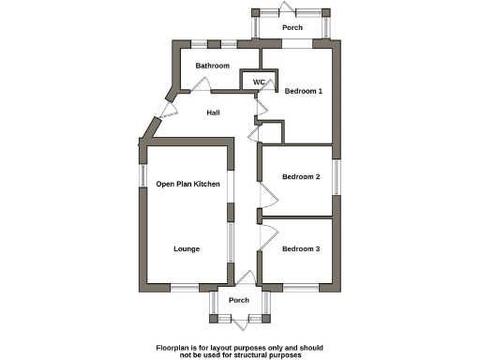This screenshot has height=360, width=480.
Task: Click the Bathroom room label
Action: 212,66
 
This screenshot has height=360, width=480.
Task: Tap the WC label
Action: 259,82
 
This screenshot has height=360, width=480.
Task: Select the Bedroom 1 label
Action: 303,91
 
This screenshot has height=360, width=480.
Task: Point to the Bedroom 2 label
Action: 302,177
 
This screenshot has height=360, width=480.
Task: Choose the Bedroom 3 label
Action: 302,248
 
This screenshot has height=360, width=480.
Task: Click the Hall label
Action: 213,112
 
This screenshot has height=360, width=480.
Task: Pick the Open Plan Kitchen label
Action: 187,184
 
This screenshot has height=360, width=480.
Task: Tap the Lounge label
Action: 187,249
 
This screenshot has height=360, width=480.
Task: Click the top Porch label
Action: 292,27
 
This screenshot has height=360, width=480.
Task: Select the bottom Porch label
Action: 239,300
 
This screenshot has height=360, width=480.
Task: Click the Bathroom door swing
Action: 199,84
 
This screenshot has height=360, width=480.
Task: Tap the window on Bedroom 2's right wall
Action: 337,176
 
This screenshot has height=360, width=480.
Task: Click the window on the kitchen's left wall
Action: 141,176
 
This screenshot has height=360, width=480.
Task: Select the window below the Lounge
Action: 190,285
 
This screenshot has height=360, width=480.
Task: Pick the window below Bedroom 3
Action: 302,285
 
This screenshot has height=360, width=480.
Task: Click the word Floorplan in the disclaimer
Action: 175,348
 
